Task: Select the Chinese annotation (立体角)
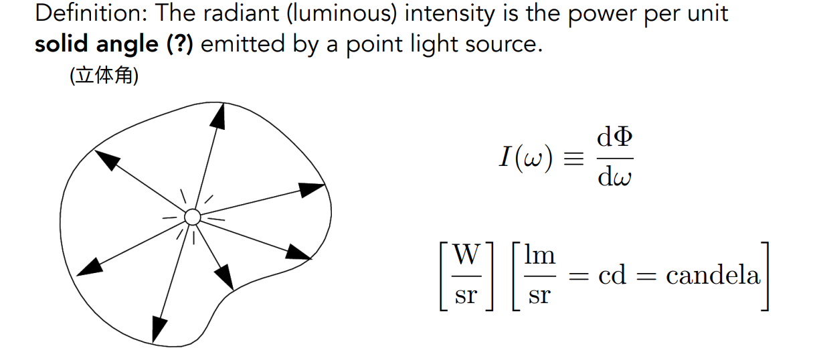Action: pyautogui.click(x=104, y=77)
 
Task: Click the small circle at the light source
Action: pyautogui.click(x=192, y=217)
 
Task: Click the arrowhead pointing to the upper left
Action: pyautogui.click(x=107, y=161)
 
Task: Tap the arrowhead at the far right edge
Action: pyautogui.click(x=311, y=189)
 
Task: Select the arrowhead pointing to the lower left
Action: pyautogui.click(x=90, y=266)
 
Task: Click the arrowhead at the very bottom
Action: pyautogui.click(x=159, y=328)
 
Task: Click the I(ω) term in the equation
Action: pyautogui.click(x=526, y=158)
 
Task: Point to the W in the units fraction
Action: pyautogui.click(x=466, y=255)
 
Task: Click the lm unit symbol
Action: pyautogui.click(x=539, y=255)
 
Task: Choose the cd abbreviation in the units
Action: pyautogui.click(x=612, y=275)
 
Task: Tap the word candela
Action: pyautogui.click(x=713, y=275)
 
